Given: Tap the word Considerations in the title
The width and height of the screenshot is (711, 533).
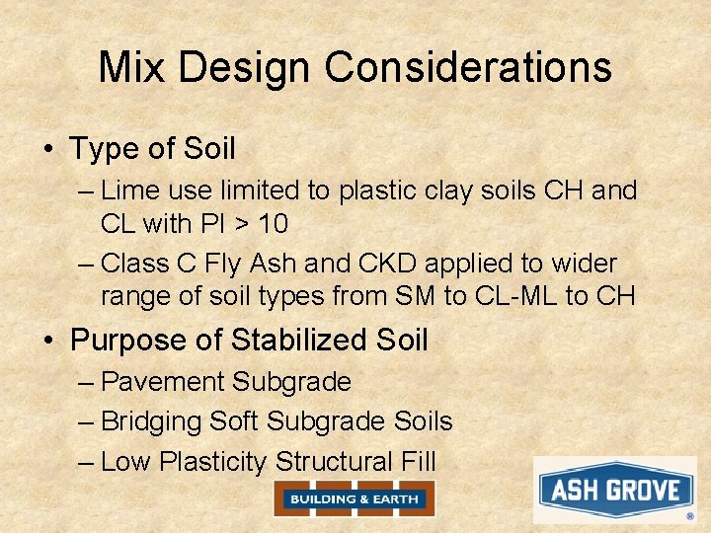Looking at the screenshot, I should coord(469,67).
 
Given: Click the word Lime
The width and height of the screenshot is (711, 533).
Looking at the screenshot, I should coord(129,190).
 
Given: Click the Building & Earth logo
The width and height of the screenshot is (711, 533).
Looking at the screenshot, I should coord(354,499).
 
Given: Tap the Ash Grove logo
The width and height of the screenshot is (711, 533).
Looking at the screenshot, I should coord(615,491).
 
